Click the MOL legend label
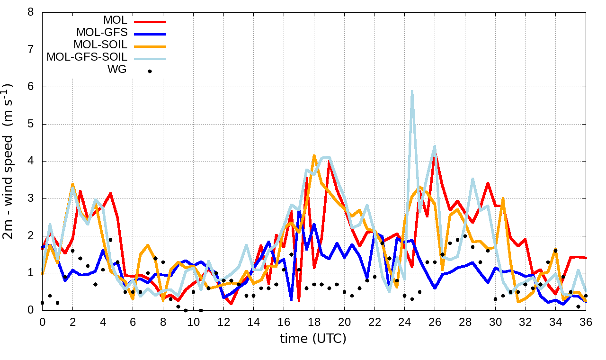115,20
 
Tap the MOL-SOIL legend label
100,45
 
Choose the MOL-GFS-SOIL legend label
87,57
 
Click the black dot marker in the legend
150,71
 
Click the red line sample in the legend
150,22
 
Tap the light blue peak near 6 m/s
412,91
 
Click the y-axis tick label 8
31,12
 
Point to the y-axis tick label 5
31,124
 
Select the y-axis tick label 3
31,198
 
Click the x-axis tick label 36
586,322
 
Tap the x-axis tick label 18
314,322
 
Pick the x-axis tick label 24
405,322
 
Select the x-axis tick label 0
42,322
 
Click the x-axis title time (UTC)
313,339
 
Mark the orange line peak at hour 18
314,155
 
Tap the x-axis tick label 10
193,322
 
